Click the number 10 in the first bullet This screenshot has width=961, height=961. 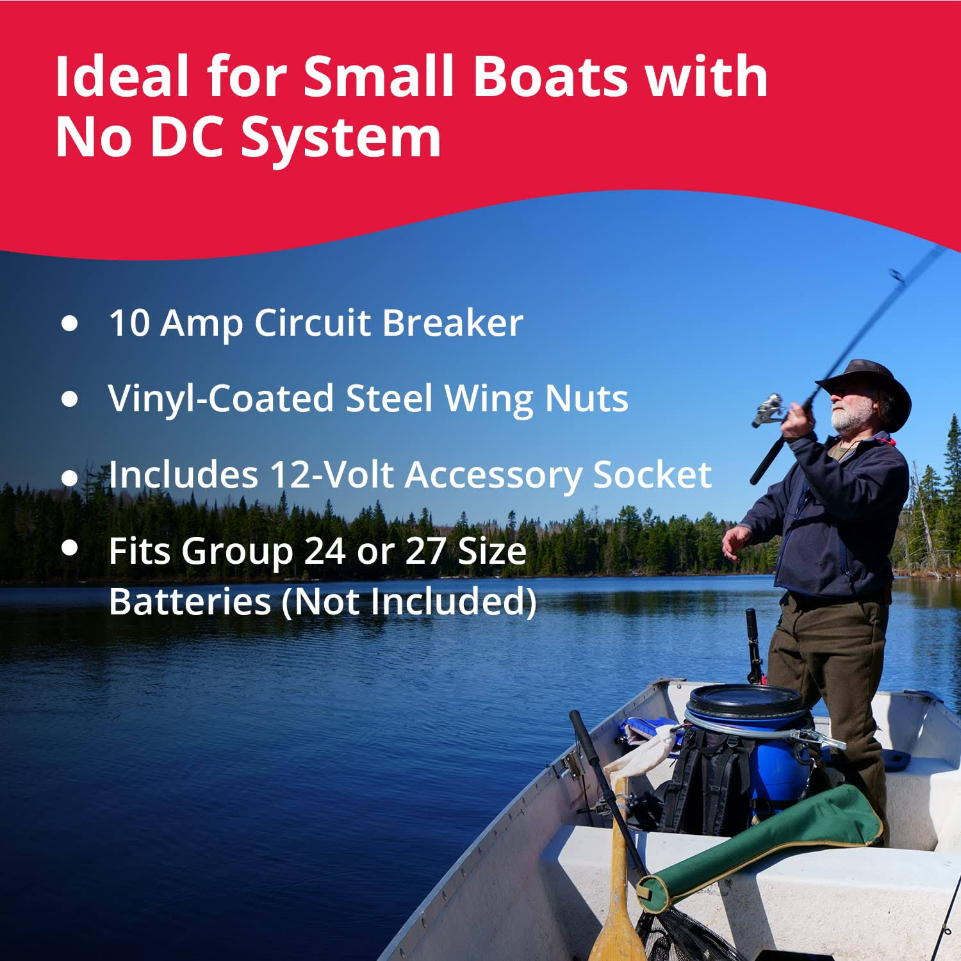click(x=129, y=322)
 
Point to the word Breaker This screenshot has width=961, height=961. click(x=453, y=322)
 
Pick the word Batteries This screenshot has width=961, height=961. click(x=190, y=602)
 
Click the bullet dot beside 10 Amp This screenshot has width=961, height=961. click(x=69, y=323)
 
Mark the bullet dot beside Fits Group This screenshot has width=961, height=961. click(x=69, y=548)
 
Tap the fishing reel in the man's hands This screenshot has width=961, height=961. click(x=769, y=410)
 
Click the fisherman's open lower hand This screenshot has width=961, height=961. click(x=735, y=541)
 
